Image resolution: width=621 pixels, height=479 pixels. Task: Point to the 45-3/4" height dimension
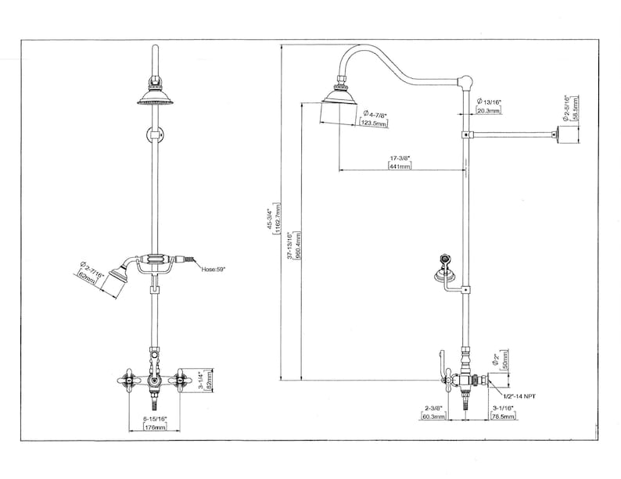click(271, 219)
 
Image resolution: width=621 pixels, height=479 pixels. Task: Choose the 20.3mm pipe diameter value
click(490, 111)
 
